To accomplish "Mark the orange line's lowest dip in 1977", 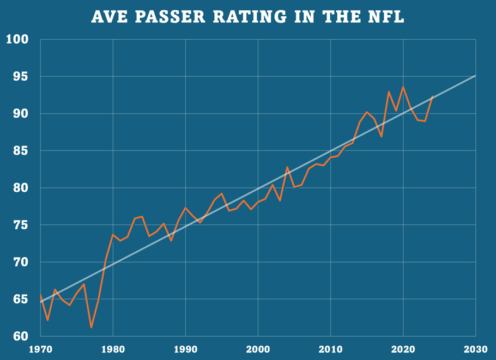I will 91,327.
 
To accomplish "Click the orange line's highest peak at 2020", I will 403,87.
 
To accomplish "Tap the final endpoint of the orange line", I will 432,96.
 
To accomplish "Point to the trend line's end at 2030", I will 475,76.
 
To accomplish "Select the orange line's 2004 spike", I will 287,167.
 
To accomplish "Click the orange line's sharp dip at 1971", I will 48,320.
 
